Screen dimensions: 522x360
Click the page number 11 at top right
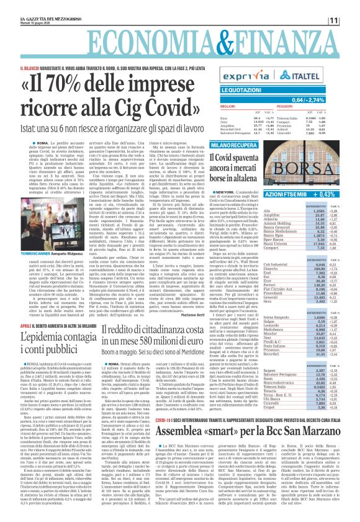[x=351, y=21]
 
